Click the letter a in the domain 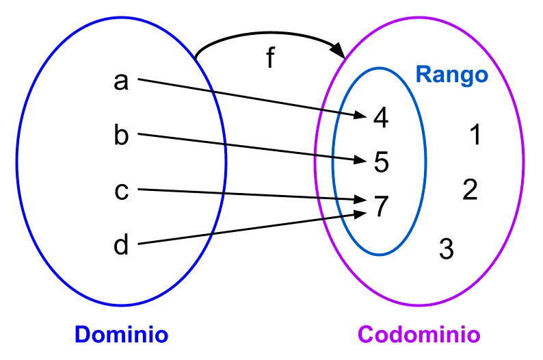[x=121, y=81]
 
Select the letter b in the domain [x=121, y=135]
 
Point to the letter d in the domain [x=121, y=244]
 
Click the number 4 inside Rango [x=381, y=118]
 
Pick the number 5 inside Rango [x=381, y=162]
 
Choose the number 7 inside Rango [x=381, y=206]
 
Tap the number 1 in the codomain [x=475, y=136]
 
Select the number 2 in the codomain [x=469, y=190]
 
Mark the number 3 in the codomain [x=446, y=248]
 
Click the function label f [x=270, y=59]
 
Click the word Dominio [x=121, y=335]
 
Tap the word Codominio [x=419, y=335]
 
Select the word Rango [x=452, y=74]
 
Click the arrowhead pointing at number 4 [x=362, y=114]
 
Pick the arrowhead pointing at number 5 [x=362, y=160]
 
